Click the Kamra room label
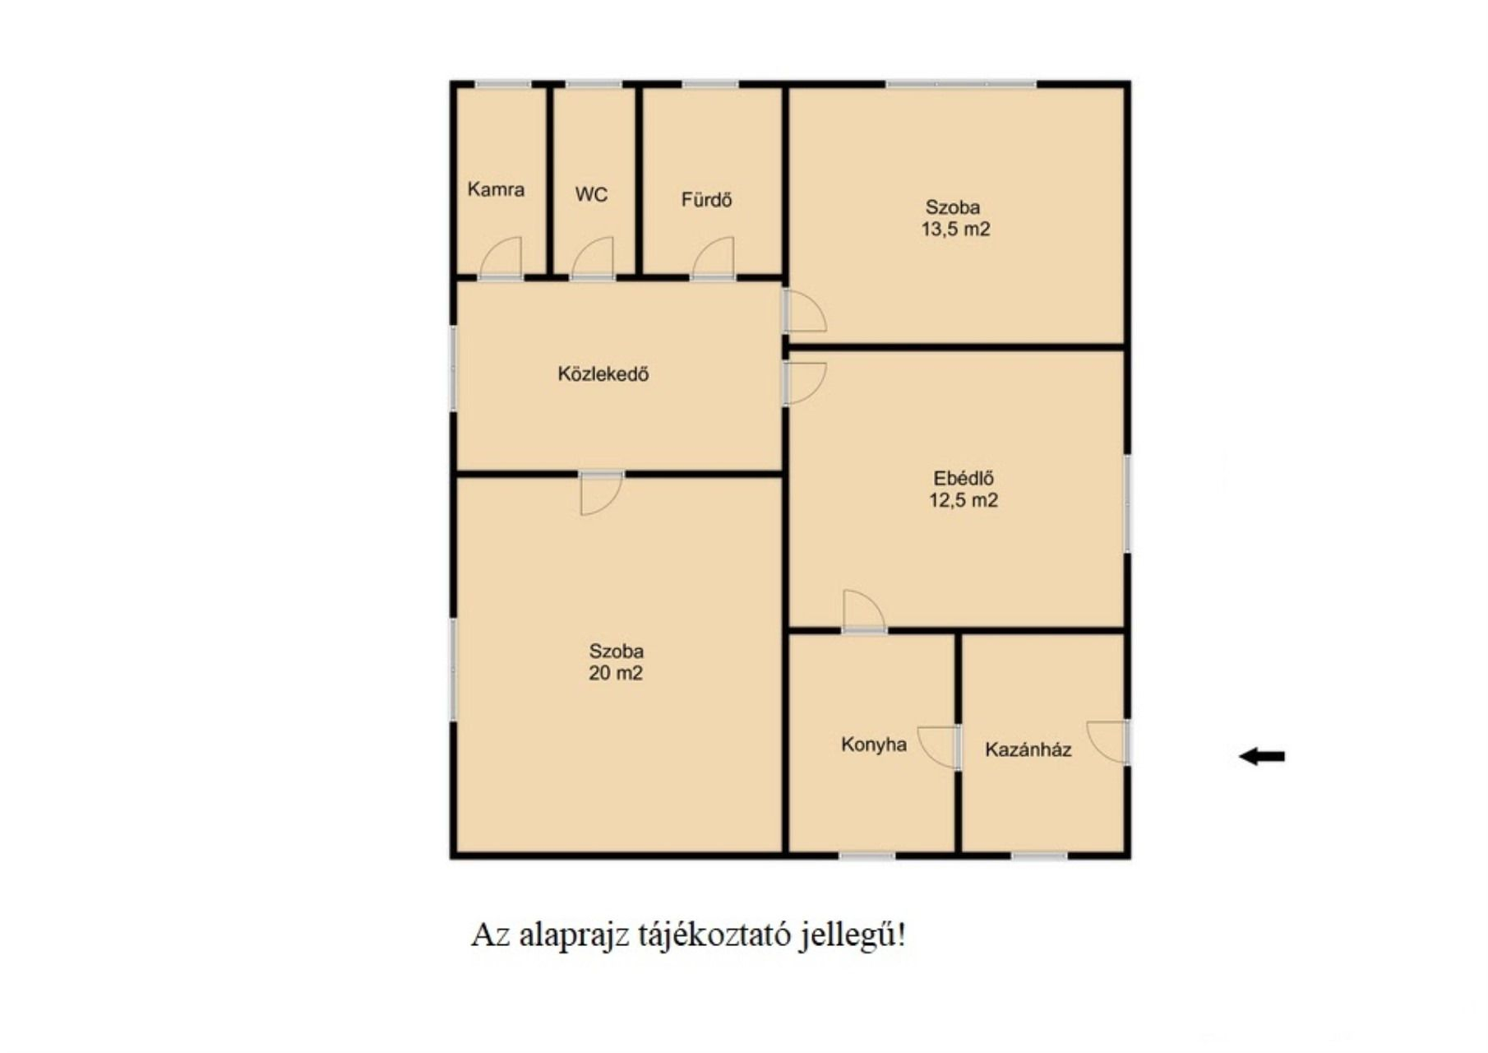pyautogui.click(x=496, y=189)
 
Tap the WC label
pyautogui.click(x=591, y=195)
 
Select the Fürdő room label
pyautogui.click(x=706, y=200)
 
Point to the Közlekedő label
pyautogui.click(x=603, y=374)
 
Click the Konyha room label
pyautogui.click(x=874, y=745)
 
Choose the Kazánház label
pyautogui.click(x=1028, y=749)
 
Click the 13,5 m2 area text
pyautogui.click(x=955, y=230)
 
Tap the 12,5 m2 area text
pyautogui.click(x=964, y=500)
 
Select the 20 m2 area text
pyautogui.click(x=616, y=673)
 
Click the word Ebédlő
pyautogui.click(x=964, y=478)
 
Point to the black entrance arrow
pyautogui.click(x=1262, y=756)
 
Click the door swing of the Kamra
pyautogui.click(x=501, y=257)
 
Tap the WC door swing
pyautogui.click(x=593, y=257)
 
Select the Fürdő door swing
pyautogui.click(x=714, y=257)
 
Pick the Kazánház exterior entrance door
pyautogui.click(x=1107, y=742)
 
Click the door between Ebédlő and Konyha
pyautogui.click(x=864, y=611)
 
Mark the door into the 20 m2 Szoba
pyautogui.click(x=602, y=494)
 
